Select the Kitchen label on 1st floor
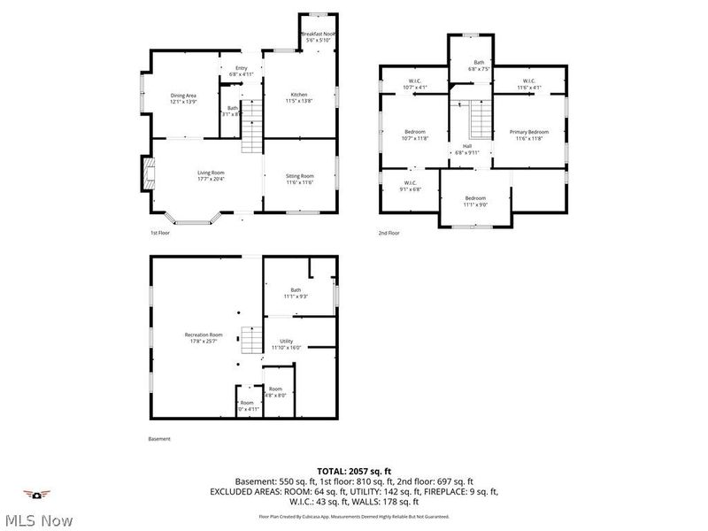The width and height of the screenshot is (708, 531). tap(300, 97)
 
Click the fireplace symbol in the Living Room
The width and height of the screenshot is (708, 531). tap(147, 174)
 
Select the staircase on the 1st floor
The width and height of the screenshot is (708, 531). tap(253, 127)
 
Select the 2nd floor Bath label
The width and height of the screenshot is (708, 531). tap(478, 65)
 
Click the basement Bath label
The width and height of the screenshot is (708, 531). tap(296, 293)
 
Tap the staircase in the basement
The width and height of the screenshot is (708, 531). tap(253, 338)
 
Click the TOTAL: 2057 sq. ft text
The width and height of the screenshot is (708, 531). tap(354, 471)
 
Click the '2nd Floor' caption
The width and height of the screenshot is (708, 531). tap(388, 233)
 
